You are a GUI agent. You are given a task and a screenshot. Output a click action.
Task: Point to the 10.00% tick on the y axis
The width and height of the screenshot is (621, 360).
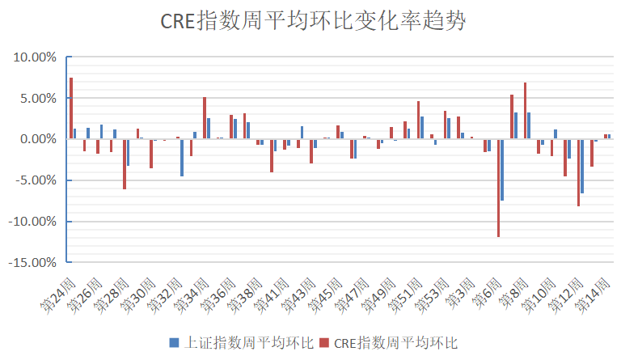click(35, 57)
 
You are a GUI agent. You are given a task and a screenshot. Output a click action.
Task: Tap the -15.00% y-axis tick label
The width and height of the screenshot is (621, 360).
click(33, 262)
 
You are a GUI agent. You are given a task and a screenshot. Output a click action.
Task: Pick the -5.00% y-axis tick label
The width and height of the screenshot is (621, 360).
click(35, 180)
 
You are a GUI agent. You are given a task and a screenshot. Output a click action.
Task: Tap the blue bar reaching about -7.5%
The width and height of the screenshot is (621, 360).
click(502, 170)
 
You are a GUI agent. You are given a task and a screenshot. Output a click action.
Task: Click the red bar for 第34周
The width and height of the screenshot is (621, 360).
click(205, 118)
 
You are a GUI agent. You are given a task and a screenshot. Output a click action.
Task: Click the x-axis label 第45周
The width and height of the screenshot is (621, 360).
click(323, 294)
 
